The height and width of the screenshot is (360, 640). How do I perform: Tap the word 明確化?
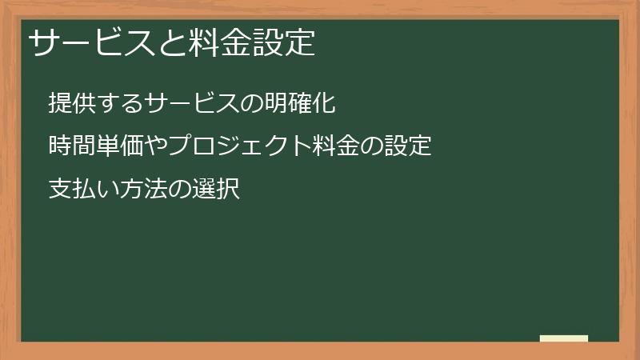[298, 103]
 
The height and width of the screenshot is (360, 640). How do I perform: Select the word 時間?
[70, 147]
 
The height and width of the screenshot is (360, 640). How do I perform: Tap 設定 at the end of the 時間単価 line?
[410, 147]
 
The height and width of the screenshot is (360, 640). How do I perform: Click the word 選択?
[217, 190]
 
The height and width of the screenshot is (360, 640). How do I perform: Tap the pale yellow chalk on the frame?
[563, 338]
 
